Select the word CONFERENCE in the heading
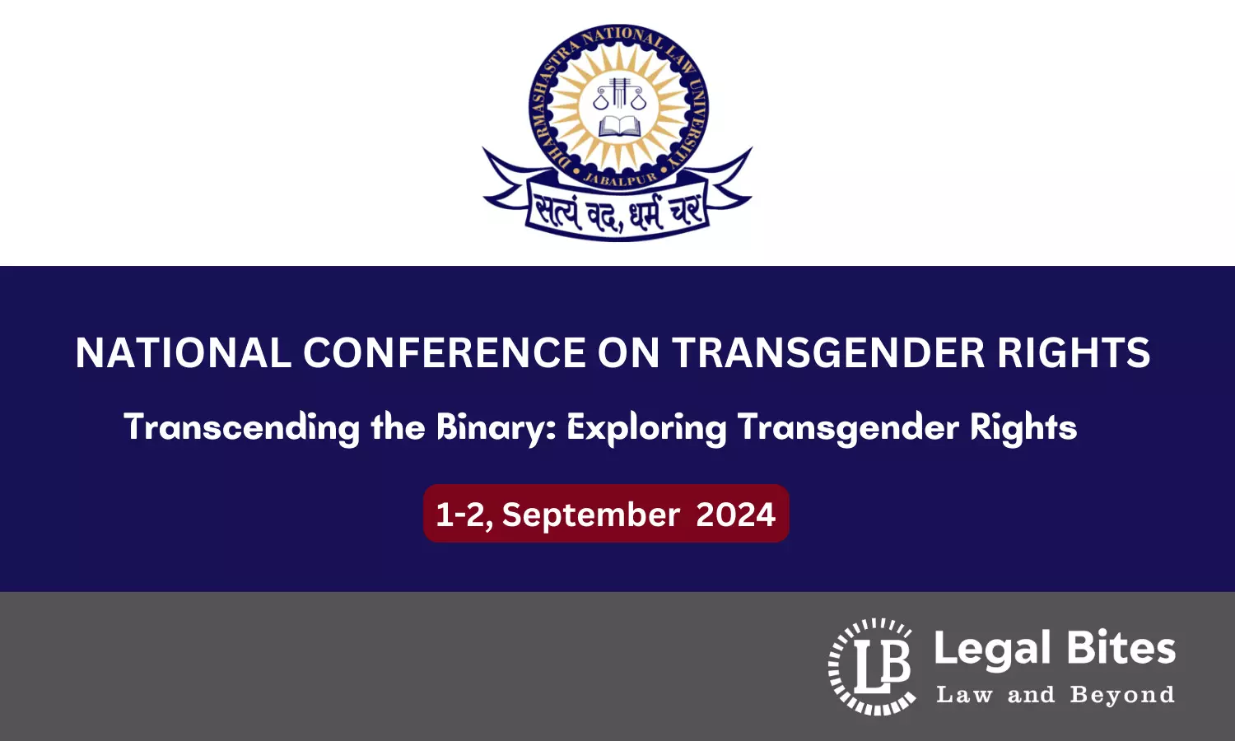pyautogui.click(x=444, y=353)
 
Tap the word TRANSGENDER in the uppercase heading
pyautogui.click(x=828, y=353)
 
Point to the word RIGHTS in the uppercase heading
pyautogui.click(x=1074, y=353)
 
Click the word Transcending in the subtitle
pyautogui.click(x=241, y=428)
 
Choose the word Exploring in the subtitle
pyautogui.click(x=646, y=428)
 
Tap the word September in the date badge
pyautogui.click(x=590, y=515)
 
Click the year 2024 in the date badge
pyautogui.click(x=735, y=515)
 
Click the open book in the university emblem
pyautogui.click(x=619, y=126)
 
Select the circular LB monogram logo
pyautogui.click(x=872, y=666)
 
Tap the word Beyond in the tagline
pyautogui.click(x=1122, y=695)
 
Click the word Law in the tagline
pyautogui.click(x=964, y=695)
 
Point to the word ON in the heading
pyautogui.click(x=628, y=353)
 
